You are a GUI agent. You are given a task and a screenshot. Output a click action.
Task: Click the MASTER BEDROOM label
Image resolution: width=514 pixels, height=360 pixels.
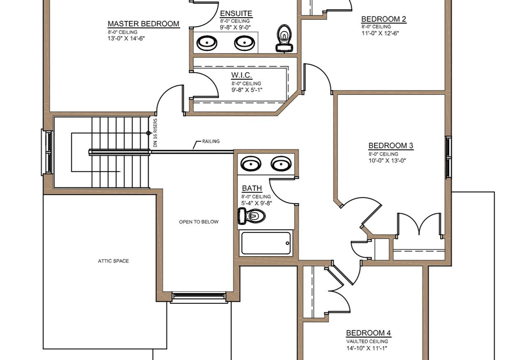pyautogui.click(x=143, y=24)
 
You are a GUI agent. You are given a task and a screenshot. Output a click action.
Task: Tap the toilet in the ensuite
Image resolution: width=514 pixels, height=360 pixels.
pyautogui.click(x=284, y=38)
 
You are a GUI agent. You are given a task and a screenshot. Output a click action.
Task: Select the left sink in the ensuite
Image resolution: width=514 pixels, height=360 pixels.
pyautogui.click(x=207, y=43)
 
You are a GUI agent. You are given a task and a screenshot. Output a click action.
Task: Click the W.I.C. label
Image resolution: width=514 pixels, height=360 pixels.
pyautogui.click(x=241, y=75)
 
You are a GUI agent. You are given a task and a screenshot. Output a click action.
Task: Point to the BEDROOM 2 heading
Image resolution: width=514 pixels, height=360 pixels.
pyautogui.click(x=383, y=19)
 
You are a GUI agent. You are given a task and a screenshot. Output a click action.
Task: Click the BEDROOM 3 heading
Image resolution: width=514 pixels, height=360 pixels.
pyautogui.click(x=391, y=146)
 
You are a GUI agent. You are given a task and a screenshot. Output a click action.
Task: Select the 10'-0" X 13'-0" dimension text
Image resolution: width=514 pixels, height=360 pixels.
pyautogui.click(x=387, y=161)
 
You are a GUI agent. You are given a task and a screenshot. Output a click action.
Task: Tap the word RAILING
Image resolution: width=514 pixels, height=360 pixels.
pyautogui.click(x=211, y=141)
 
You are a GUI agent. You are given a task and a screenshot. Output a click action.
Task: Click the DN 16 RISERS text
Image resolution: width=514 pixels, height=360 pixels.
pyautogui.click(x=155, y=133)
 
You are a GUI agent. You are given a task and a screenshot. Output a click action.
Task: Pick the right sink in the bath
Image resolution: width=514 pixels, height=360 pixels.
pyautogui.click(x=281, y=163)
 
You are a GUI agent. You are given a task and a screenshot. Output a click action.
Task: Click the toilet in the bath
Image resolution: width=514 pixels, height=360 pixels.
pyautogui.click(x=252, y=216)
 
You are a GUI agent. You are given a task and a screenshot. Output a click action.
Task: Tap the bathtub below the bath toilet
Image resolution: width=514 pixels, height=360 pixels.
pyautogui.click(x=266, y=243)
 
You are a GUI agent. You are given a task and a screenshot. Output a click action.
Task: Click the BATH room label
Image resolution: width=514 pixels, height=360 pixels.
pyautogui.click(x=252, y=188)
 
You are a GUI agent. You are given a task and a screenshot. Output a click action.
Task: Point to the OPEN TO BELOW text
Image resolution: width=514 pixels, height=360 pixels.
pyautogui.click(x=199, y=222)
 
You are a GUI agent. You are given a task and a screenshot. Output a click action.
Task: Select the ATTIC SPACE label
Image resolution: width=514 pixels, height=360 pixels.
pyautogui.click(x=114, y=261)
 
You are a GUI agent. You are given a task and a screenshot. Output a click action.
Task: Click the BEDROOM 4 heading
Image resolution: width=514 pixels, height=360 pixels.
pyautogui.click(x=368, y=333)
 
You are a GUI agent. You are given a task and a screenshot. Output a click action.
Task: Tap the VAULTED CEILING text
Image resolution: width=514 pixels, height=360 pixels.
pyautogui.click(x=367, y=341)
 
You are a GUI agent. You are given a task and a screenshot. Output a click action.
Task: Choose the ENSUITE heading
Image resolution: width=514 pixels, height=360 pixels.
pyautogui.click(x=236, y=13)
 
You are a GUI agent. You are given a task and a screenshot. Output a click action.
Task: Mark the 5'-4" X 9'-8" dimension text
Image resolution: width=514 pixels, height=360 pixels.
pyautogui.click(x=256, y=203)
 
